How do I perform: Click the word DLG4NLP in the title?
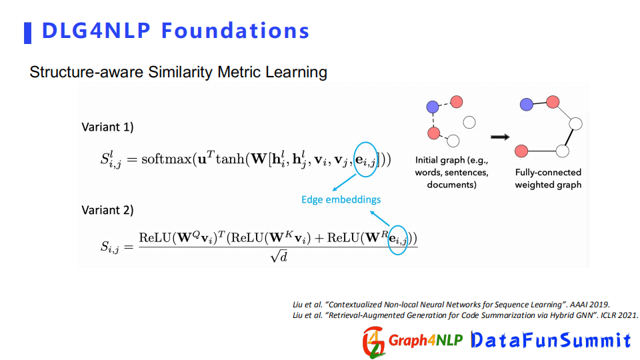(96, 31)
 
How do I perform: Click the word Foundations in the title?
(235, 31)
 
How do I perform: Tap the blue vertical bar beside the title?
(28, 33)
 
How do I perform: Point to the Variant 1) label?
(108, 127)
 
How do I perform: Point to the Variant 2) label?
(108, 210)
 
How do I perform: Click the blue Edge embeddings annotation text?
(341, 199)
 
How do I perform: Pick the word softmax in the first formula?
(167, 159)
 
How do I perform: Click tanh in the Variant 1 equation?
(230, 159)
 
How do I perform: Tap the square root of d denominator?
(279, 256)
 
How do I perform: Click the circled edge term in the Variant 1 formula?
(365, 159)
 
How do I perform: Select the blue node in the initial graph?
(433, 107)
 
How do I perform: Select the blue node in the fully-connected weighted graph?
(527, 105)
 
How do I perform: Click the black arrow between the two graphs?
(500, 137)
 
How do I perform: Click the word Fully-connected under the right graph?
(548, 172)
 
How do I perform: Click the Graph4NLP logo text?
(425, 340)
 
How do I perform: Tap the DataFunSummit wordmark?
(551, 340)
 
